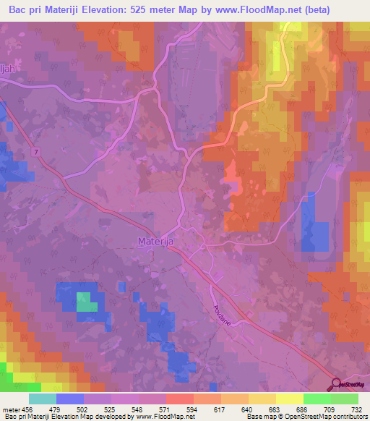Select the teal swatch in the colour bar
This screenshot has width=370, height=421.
(42, 399)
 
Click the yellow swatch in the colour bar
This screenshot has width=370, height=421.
(289, 399)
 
